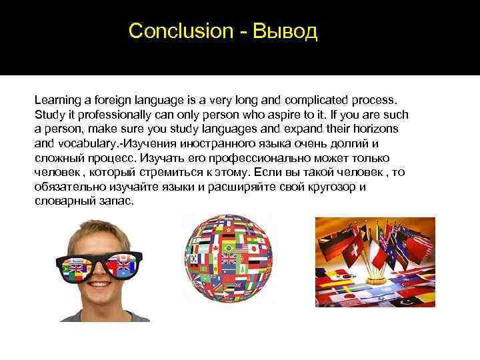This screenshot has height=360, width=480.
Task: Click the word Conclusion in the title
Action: tap(180, 31)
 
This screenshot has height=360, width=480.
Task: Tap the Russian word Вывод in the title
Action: tap(285, 31)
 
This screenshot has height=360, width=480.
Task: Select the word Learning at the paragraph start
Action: tap(58, 99)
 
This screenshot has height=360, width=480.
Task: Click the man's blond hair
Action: tap(100, 230)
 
